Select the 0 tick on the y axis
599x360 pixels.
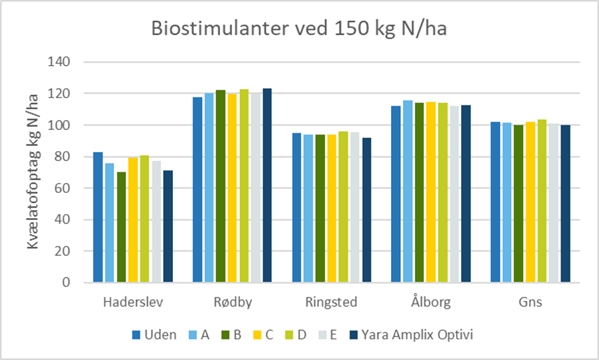click(x=70, y=282)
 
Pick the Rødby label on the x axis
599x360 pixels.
click(x=232, y=302)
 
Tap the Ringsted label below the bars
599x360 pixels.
click(x=331, y=302)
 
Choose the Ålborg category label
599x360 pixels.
click(x=431, y=302)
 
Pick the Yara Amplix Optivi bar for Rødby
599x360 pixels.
click(x=267, y=186)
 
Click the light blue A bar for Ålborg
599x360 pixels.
click(x=408, y=192)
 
